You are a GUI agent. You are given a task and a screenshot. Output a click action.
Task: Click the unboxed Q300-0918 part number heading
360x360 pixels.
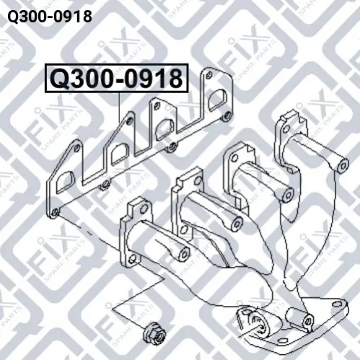50,17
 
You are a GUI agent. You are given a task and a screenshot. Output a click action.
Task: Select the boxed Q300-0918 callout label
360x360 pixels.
117,79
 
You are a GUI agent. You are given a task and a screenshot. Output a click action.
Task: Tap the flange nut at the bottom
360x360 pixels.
153,334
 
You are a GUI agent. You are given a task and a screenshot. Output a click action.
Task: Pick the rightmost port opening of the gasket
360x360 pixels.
217,100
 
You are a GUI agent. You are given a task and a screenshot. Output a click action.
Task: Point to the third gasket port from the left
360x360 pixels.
165,129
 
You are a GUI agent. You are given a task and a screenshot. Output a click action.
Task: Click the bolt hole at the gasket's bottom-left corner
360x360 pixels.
56,213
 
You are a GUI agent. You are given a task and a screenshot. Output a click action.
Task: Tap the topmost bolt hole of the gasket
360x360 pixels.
209,74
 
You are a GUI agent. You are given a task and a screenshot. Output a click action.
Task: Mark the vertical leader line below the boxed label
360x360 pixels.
120,107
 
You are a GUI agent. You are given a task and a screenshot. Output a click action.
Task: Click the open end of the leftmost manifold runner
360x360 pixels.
185,253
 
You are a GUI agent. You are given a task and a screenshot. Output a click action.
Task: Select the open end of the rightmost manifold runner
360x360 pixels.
343,165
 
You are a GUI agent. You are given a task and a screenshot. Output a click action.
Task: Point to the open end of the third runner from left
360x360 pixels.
288,196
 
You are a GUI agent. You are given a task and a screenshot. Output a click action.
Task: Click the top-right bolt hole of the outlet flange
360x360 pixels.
335,304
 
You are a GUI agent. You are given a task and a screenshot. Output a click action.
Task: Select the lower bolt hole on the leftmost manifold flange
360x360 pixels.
132,258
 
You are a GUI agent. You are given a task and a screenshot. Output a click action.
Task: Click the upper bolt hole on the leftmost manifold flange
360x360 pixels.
144,208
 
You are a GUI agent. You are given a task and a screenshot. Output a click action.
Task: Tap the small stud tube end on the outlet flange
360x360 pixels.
308,320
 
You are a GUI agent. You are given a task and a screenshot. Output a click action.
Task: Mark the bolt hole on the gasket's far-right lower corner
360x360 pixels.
226,116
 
